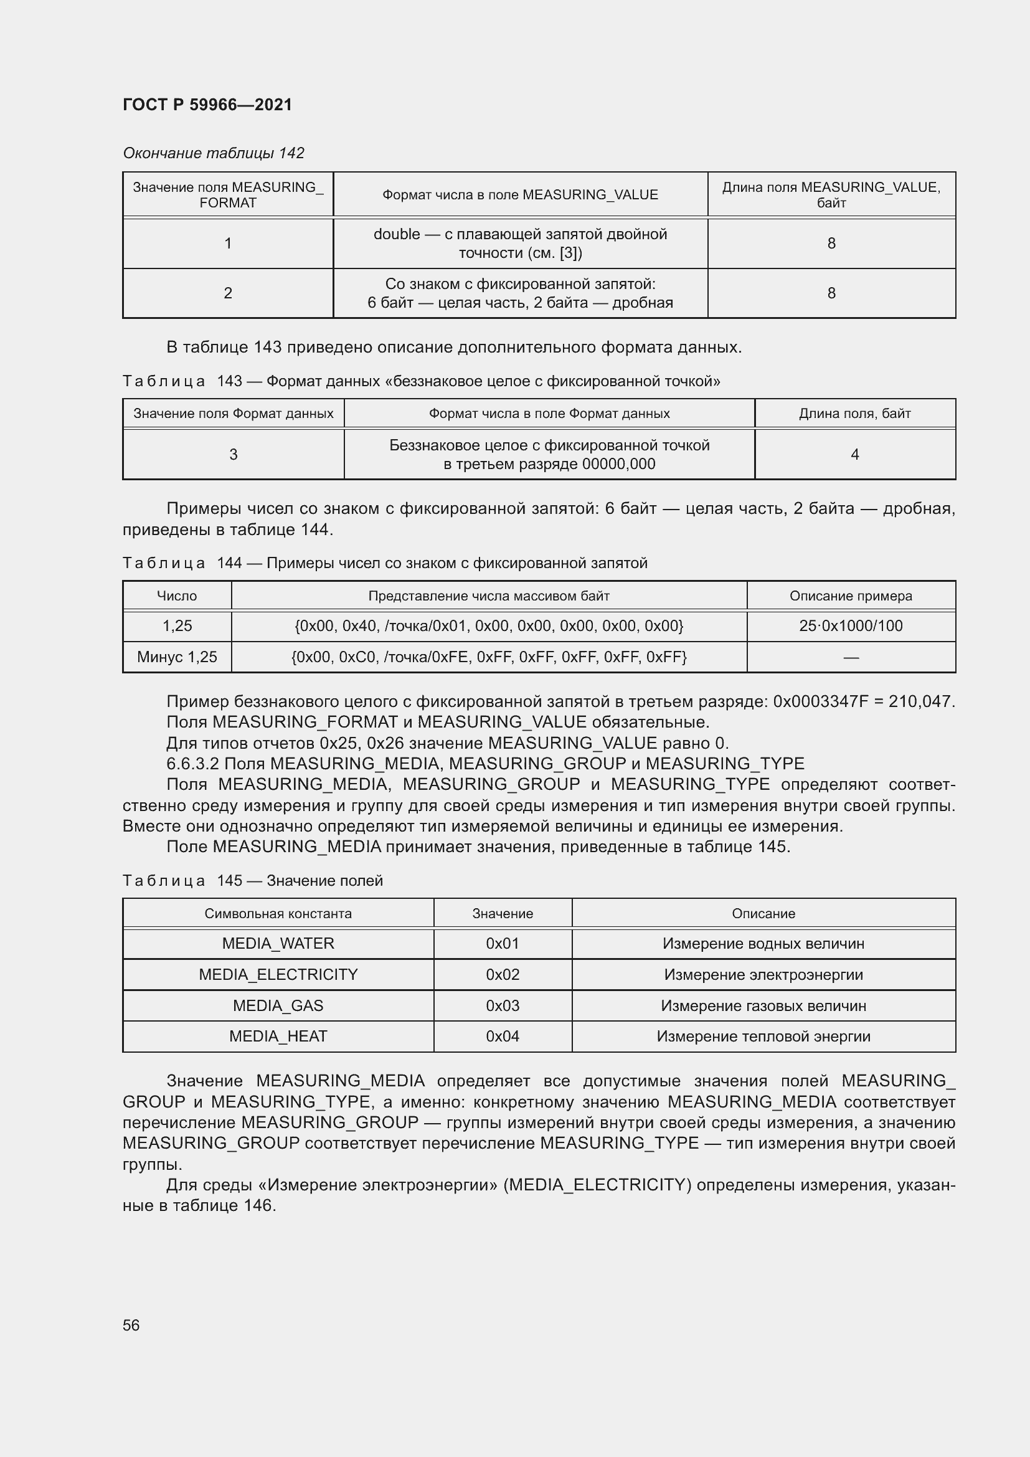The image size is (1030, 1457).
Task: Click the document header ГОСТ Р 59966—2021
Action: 207,105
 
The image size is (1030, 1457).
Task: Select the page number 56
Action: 131,1325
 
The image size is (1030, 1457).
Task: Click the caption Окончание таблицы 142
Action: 213,153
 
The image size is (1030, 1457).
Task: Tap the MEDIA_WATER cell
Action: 278,943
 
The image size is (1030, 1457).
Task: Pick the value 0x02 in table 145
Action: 503,974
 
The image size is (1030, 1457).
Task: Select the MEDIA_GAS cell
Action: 278,1005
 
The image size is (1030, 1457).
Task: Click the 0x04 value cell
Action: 503,1037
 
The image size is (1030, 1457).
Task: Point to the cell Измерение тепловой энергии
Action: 763,1037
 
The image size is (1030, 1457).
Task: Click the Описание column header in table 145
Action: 763,913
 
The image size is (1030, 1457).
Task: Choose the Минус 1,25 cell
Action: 177,657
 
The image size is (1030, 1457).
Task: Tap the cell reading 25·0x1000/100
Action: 851,625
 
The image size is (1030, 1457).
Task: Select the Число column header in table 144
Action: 177,596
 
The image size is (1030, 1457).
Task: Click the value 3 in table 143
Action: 234,454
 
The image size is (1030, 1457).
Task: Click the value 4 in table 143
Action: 854,454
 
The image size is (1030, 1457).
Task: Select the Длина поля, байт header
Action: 854,414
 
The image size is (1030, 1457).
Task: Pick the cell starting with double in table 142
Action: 520,243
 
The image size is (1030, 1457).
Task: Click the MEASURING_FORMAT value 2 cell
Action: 228,293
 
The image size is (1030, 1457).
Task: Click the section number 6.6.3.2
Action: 193,764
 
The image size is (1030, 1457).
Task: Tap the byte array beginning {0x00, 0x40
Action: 488,625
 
